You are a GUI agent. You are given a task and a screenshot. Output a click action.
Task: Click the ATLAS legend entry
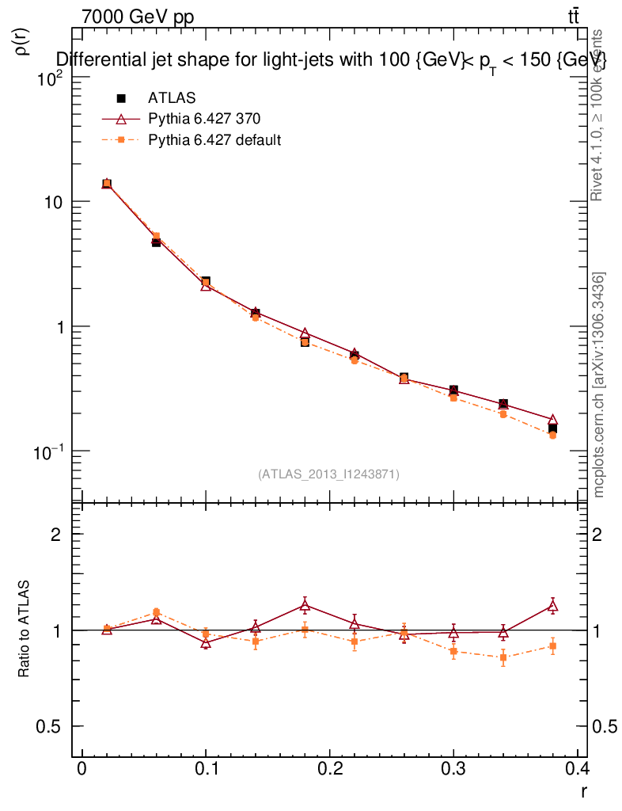click(172, 98)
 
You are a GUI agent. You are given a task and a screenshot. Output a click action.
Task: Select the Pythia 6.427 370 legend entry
click(204, 119)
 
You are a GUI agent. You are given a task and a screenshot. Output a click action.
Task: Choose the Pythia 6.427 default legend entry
click(214, 140)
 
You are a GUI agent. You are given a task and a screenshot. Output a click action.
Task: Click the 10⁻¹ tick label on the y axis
click(49, 451)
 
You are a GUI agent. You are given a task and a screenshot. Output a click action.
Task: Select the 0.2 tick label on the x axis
click(329, 771)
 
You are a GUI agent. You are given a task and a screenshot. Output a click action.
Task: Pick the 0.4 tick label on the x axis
click(577, 771)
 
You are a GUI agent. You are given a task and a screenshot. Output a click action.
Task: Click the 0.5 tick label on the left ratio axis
click(50, 727)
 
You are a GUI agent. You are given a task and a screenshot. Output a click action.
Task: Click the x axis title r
click(584, 790)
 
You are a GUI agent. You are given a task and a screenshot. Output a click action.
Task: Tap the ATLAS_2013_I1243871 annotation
click(328, 474)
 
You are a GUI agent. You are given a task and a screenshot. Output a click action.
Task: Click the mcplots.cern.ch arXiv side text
click(599, 385)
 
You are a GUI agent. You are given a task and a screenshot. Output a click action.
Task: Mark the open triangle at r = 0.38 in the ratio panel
click(552, 607)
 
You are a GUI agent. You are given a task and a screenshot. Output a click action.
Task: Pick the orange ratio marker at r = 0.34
click(503, 657)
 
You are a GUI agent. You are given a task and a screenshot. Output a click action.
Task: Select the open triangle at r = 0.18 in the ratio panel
click(305, 606)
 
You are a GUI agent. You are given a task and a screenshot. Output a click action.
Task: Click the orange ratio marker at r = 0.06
click(157, 612)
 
